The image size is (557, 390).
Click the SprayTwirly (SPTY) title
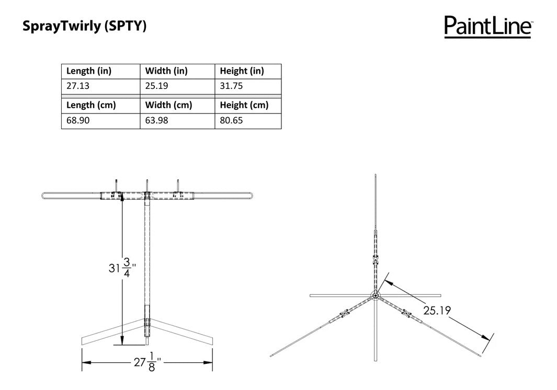84,27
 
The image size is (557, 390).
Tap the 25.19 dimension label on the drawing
437,311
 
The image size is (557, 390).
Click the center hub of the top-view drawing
376,296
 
